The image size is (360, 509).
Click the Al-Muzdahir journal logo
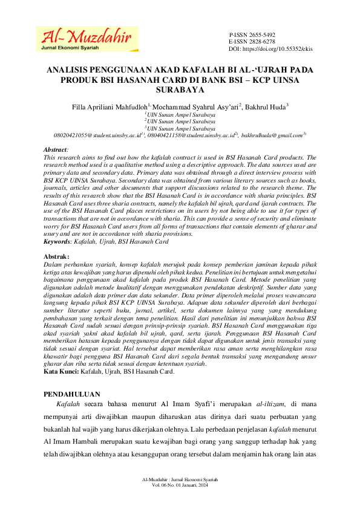tap(83, 37)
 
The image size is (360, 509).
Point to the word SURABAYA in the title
tap(180, 89)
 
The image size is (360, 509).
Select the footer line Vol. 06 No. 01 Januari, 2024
tap(180, 485)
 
